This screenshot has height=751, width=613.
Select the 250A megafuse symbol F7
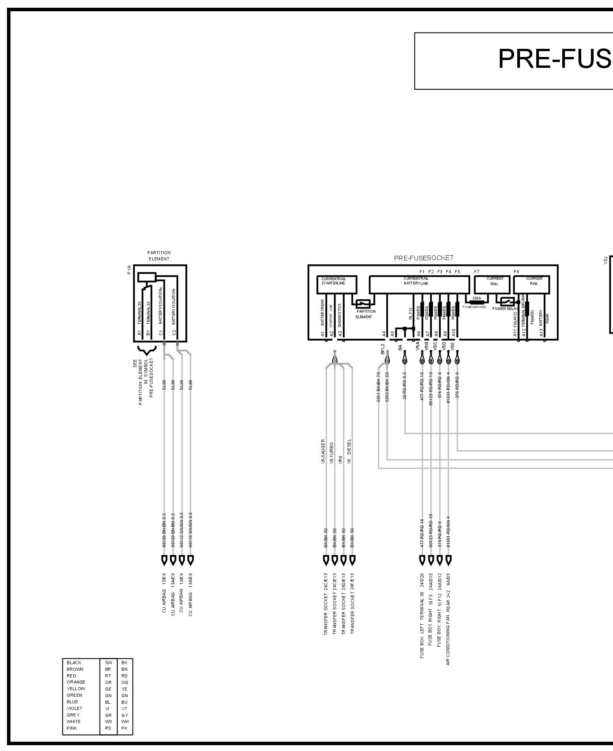tap(477, 301)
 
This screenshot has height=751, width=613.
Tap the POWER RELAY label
tap(505, 309)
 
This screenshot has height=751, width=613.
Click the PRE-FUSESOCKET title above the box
tap(423, 258)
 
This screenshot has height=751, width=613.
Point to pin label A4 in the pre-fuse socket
tap(384, 333)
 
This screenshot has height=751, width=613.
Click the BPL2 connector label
tap(383, 349)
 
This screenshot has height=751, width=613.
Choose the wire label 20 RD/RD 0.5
tap(404, 386)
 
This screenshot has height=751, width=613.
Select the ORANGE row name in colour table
tap(76, 682)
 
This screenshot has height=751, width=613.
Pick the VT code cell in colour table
tap(124, 708)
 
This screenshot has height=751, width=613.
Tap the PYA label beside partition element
tap(129, 270)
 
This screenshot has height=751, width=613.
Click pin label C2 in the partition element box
tap(174, 332)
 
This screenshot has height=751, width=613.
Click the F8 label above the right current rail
tap(516, 272)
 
